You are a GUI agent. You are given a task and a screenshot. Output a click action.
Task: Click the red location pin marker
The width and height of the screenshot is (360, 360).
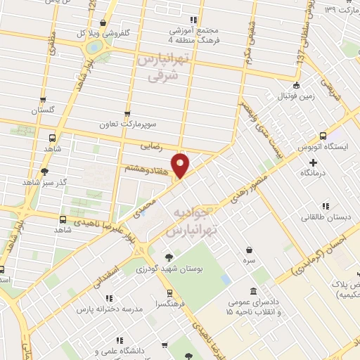181,166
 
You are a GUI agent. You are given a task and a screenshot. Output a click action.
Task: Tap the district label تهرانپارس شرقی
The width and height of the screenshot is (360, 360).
164,69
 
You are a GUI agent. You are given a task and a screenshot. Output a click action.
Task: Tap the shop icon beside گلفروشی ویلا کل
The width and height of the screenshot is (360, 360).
104,23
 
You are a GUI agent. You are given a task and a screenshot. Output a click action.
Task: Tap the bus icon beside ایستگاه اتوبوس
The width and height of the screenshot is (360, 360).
323,136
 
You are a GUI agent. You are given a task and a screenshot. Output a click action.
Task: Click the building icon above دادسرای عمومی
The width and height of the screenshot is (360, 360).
253,292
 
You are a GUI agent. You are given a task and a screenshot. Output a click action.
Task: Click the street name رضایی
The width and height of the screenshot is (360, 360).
151,147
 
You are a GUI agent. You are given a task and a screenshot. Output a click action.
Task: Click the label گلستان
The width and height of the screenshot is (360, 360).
41,110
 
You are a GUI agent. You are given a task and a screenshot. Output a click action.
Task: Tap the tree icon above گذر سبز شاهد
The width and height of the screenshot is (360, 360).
45,170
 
